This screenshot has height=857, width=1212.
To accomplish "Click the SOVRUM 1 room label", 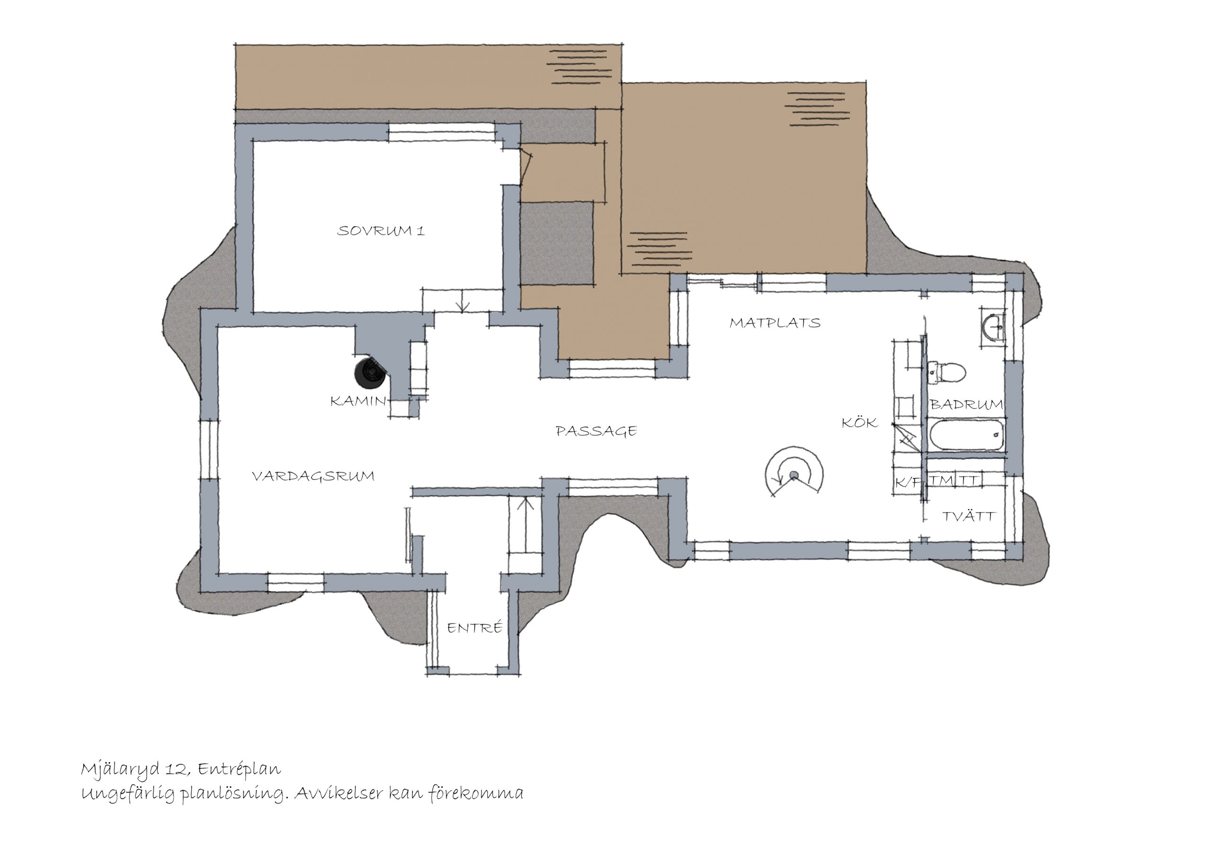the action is click(x=381, y=231).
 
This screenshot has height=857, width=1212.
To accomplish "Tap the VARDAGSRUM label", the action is click(x=313, y=476).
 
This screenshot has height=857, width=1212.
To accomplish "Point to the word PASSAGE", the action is click(x=597, y=431).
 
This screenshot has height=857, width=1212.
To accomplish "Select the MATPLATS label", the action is click(x=775, y=322).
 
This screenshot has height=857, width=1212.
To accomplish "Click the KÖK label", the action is click(x=859, y=422).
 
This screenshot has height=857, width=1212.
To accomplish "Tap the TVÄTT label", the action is click(x=969, y=516).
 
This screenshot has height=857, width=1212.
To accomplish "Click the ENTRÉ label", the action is click(x=474, y=627).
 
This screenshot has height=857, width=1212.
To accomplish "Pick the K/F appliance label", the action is click(x=908, y=482).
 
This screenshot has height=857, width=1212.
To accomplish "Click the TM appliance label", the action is click(x=942, y=481).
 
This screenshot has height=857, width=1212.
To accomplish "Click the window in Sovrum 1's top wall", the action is click(x=442, y=132).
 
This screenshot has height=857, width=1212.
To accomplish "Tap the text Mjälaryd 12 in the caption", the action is click(x=134, y=769).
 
